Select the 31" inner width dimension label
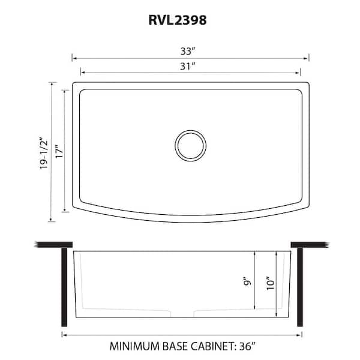click(191, 66)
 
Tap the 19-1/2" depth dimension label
click(41, 153)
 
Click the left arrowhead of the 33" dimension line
click(74, 58)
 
